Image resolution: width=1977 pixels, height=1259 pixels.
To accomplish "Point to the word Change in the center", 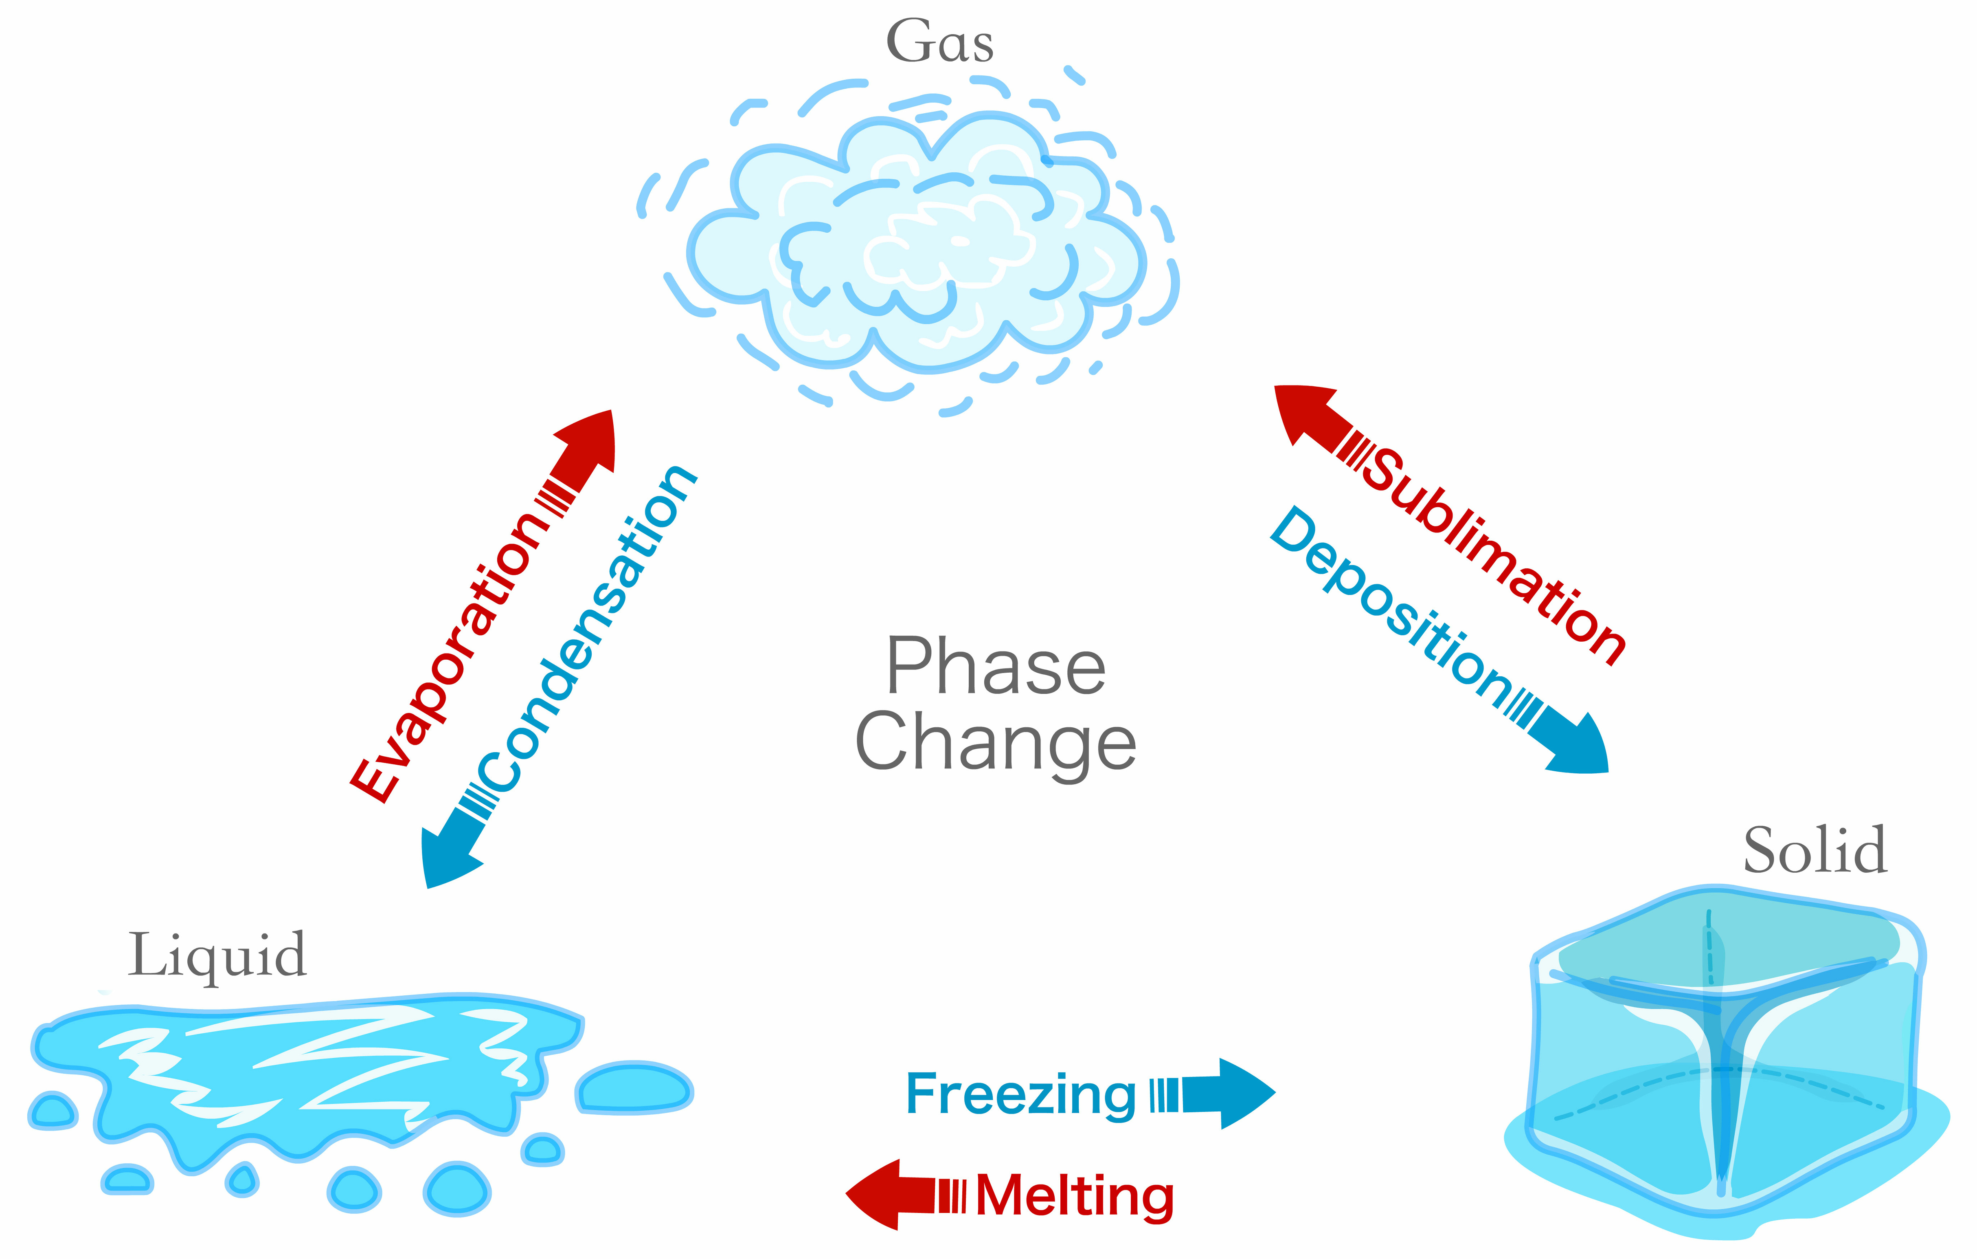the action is point(996,743).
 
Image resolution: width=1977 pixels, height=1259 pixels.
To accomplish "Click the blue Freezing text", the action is point(1020,1095).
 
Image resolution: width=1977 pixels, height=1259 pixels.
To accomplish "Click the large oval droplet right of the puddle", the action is point(634,1088).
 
